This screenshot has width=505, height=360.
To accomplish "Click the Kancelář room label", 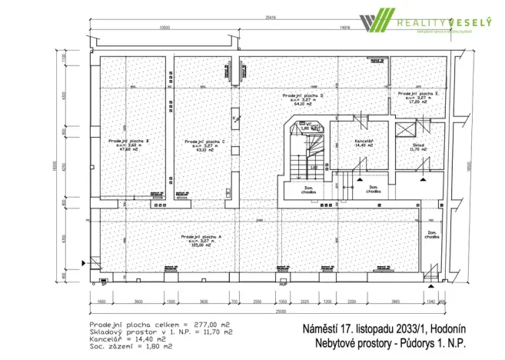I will click(364, 142).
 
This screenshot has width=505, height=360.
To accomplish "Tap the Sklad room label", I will click(407, 142).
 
